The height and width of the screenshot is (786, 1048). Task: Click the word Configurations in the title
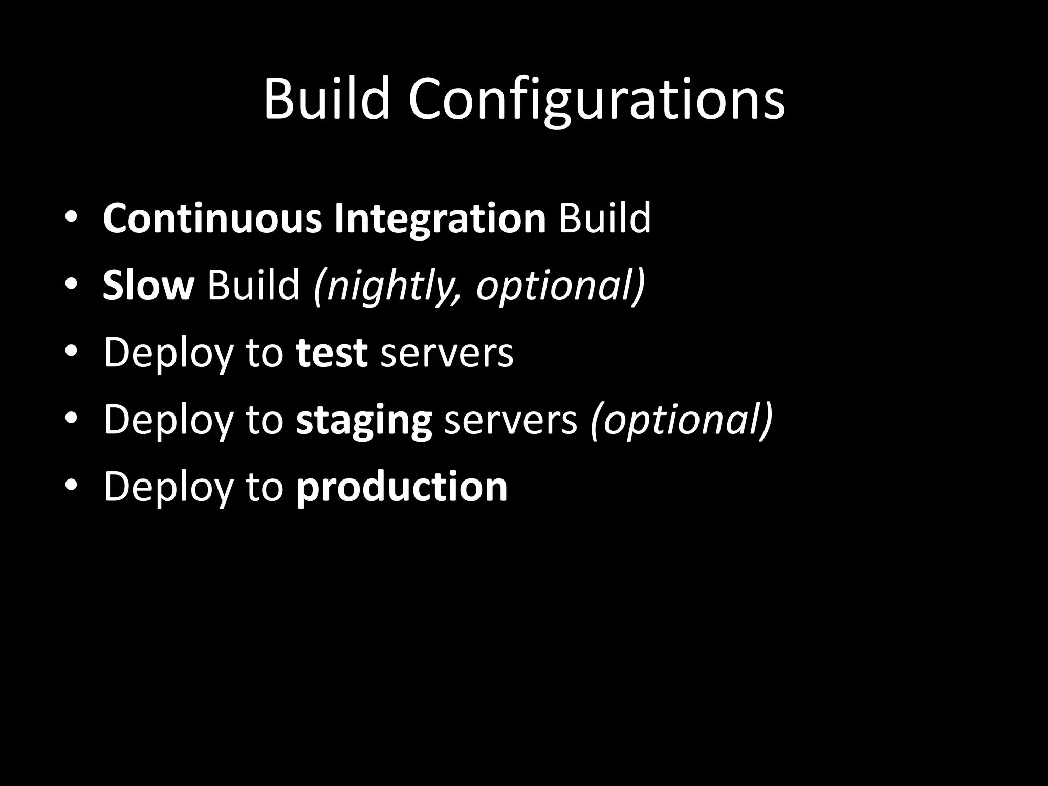click(x=596, y=100)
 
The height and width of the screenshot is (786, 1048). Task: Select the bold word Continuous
click(x=212, y=219)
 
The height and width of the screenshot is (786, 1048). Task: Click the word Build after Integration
click(x=605, y=219)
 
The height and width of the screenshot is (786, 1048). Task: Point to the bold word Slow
click(x=148, y=285)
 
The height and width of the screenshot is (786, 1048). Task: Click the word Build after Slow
click(x=253, y=285)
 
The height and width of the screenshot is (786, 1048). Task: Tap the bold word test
click(x=332, y=353)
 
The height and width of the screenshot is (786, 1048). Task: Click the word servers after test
click(x=447, y=353)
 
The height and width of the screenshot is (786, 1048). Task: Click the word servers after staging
click(x=511, y=420)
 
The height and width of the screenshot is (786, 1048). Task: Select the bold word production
click(x=402, y=488)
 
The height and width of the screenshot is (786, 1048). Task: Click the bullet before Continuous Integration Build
click(x=71, y=217)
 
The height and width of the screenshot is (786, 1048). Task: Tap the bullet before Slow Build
click(x=71, y=285)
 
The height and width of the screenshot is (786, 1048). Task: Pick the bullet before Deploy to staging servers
click(x=71, y=418)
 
